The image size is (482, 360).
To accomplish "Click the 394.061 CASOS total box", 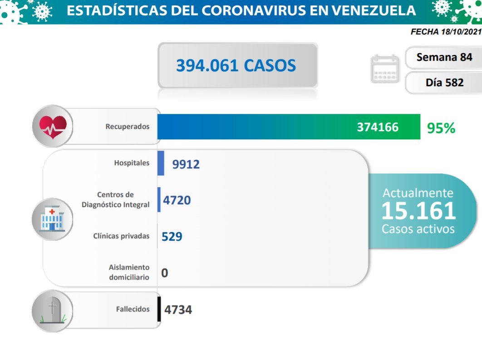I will (237, 66).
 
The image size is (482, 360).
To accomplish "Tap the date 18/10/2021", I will (461, 32).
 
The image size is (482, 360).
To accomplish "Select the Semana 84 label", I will (444, 57).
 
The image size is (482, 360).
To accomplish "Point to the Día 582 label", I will (444, 83).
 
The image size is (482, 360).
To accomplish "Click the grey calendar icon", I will (384, 69).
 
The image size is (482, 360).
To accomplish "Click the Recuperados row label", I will (128, 127).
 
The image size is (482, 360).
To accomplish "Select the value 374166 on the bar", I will (377, 127).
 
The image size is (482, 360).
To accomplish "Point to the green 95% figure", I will (441, 128).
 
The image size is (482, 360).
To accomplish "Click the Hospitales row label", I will (132, 163).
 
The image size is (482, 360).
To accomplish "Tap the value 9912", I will (186, 164).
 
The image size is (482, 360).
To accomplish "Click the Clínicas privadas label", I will (121, 236).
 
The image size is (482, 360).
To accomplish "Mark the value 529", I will (172, 237).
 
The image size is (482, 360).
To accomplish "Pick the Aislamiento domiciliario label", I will (129, 271).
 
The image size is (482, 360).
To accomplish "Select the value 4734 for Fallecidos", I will (178, 310).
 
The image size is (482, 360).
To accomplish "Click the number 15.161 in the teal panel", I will (418, 211).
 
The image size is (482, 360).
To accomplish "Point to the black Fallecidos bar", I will (159, 309).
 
